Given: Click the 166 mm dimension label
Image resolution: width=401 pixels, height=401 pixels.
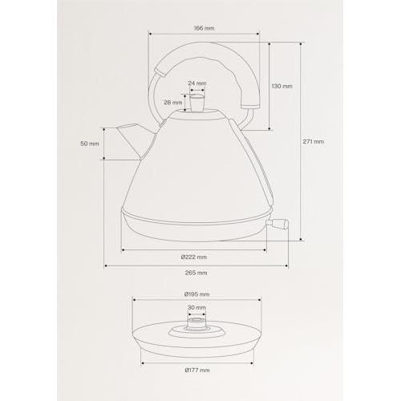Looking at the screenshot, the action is point(204,28).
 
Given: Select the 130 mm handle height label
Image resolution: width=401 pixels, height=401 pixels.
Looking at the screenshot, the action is point(282,86).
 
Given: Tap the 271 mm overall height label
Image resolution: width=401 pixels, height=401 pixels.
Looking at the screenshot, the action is point(314,141).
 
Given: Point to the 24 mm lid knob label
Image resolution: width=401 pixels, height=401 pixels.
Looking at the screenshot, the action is point(197,83).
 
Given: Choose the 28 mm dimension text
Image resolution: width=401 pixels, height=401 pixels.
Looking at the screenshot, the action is point(173,103).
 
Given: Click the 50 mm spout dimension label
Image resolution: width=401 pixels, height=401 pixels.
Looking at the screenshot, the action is point(90,144).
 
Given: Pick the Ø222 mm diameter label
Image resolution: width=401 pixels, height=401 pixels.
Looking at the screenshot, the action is point(194,257).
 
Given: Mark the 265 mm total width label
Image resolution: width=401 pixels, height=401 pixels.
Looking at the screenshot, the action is point(196,273).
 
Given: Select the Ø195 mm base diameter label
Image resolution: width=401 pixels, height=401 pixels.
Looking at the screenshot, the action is point(196,294).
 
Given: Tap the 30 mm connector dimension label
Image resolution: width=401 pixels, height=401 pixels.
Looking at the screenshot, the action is point(196,308).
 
